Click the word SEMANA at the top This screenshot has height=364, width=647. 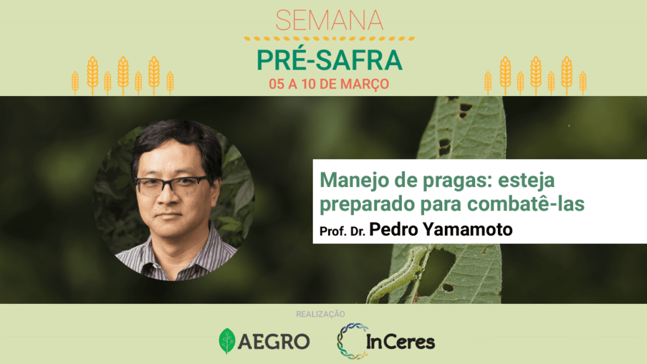[x=329, y=20]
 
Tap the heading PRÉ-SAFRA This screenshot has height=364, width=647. [x=329, y=60]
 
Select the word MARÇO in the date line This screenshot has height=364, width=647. [x=365, y=84]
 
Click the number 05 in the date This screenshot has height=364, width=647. [x=277, y=84]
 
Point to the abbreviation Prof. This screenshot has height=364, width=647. [x=333, y=231]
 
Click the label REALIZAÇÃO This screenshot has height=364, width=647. [x=320, y=314]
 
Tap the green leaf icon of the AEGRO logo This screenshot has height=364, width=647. [x=227, y=341]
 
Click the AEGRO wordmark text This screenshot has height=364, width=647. [x=274, y=341]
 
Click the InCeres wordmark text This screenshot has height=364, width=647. [x=400, y=341]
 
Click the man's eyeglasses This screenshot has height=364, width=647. [x=173, y=185]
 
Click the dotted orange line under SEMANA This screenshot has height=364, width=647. [x=329, y=39]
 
